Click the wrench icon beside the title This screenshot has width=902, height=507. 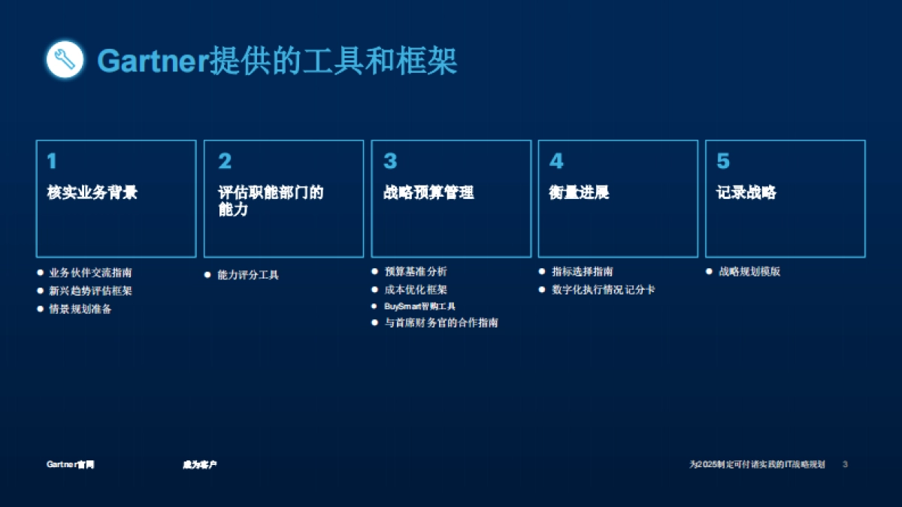pos(65,59)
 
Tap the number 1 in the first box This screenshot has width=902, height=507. pos(52,161)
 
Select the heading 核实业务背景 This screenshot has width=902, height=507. pos(92,193)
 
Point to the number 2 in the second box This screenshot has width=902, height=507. pos(225,161)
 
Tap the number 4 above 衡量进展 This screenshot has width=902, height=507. pos(556,161)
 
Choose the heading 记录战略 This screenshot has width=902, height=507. pos(746,193)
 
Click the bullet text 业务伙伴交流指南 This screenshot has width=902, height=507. pos(90,273)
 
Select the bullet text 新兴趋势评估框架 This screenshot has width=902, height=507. pos(90,291)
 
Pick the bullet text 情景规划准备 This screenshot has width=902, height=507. pos(80,309)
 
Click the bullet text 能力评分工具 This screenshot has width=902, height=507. pos(248,275)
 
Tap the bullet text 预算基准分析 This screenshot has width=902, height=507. pos(416,271)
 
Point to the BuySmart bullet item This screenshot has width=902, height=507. pos(419,306)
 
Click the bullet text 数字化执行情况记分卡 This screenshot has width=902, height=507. pos(604,289)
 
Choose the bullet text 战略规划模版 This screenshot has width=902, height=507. pos(749,271)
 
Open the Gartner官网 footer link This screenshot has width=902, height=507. pos(71,464)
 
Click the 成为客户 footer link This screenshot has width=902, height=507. pos(200,464)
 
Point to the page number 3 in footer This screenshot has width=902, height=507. pos(845,464)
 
